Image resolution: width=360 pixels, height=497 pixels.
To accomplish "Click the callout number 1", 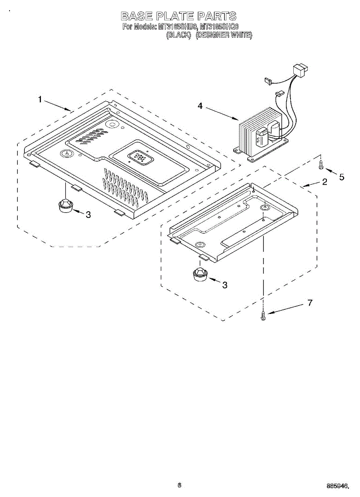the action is pyautogui.click(x=40, y=99).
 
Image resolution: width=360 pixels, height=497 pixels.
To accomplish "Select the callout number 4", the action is pyautogui.click(x=200, y=106).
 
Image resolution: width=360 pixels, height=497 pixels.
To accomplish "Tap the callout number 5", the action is pyautogui.click(x=341, y=177).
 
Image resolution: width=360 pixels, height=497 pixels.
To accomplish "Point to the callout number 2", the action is pyautogui.click(x=324, y=181).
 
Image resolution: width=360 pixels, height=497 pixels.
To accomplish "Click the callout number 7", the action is pyautogui.click(x=310, y=303).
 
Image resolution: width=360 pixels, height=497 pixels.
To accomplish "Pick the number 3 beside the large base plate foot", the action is pyautogui.click(x=88, y=215).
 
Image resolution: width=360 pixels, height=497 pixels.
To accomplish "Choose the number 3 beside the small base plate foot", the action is pyautogui.click(x=225, y=285).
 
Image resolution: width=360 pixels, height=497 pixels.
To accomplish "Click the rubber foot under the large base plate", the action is pyautogui.click(x=65, y=205).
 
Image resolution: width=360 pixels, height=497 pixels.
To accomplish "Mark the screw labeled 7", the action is pyautogui.click(x=263, y=316).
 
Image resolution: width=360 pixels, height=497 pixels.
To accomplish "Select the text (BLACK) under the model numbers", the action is pyautogui.click(x=179, y=36).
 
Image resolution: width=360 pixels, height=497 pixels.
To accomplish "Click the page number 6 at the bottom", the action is pyautogui.click(x=179, y=485).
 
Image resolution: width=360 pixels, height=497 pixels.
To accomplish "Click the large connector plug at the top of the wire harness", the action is pyautogui.click(x=300, y=70).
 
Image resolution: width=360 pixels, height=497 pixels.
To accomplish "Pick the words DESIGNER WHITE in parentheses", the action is pyautogui.click(x=224, y=36).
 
